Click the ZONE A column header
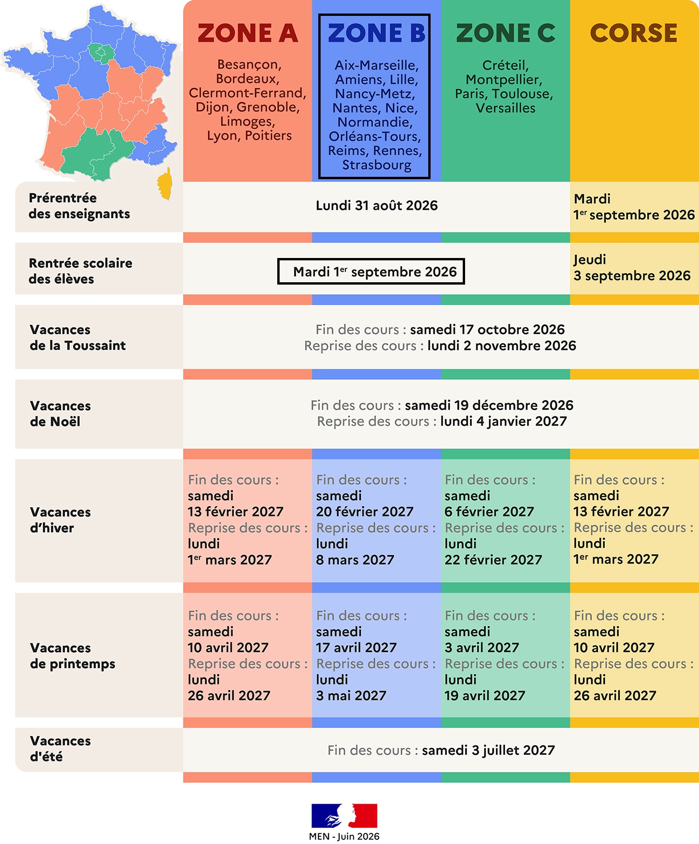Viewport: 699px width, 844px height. click(x=247, y=33)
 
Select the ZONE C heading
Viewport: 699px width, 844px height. click(x=506, y=33)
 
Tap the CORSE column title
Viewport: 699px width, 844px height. click(x=634, y=33)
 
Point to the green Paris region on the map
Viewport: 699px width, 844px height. click(x=100, y=53)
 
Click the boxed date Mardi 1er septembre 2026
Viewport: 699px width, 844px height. click(x=371, y=271)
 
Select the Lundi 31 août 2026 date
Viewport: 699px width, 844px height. click(x=377, y=206)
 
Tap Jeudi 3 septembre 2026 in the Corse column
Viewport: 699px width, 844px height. click(x=632, y=268)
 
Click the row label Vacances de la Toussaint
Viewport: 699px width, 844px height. click(x=78, y=337)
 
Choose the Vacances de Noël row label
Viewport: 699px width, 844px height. click(x=60, y=413)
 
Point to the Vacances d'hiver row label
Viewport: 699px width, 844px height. click(x=60, y=520)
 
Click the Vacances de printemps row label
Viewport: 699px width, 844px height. click(x=72, y=656)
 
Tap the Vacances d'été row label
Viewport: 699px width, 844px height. click(x=60, y=748)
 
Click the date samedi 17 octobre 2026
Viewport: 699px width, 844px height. click(x=487, y=329)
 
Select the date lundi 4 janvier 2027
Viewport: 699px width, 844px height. click(x=504, y=421)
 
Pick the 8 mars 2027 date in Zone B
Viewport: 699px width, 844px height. click(x=355, y=559)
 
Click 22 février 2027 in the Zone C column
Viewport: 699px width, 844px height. click(x=493, y=559)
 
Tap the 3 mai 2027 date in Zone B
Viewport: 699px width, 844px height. click(x=351, y=696)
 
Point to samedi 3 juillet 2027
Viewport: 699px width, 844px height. click(x=488, y=750)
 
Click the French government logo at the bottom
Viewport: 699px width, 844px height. click(x=344, y=816)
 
